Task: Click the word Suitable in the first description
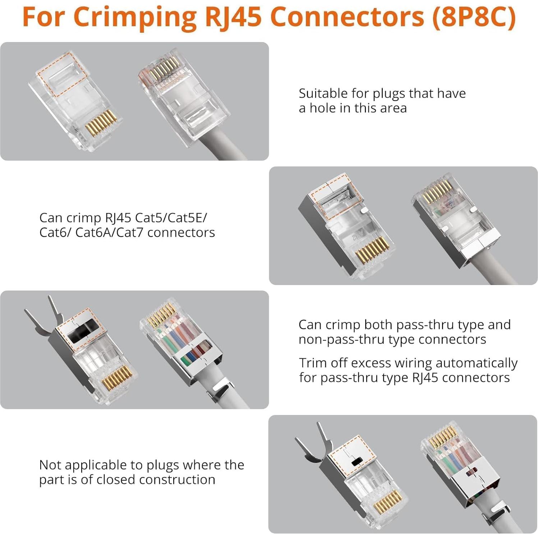[x=323, y=93]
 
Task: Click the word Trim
[x=312, y=363]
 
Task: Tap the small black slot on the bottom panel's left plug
[x=356, y=461]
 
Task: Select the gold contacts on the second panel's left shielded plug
[x=372, y=249]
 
